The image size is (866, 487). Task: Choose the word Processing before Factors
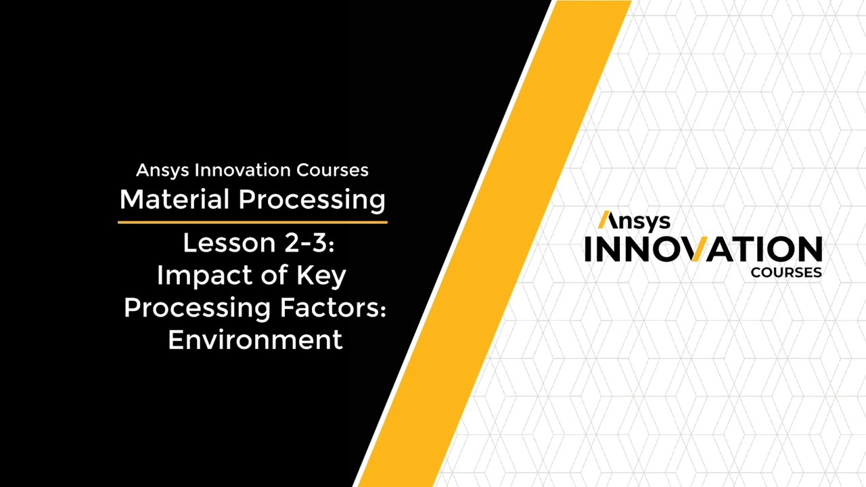point(196,308)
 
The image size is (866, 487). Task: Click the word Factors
point(330,308)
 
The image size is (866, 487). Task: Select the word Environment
point(255,340)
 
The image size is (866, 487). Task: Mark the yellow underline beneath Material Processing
point(252,221)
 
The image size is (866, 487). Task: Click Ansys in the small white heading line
point(163,170)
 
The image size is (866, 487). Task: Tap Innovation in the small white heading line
point(243,170)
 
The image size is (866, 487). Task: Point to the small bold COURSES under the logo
point(786,273)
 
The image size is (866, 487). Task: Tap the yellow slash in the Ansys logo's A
point(603,220)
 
